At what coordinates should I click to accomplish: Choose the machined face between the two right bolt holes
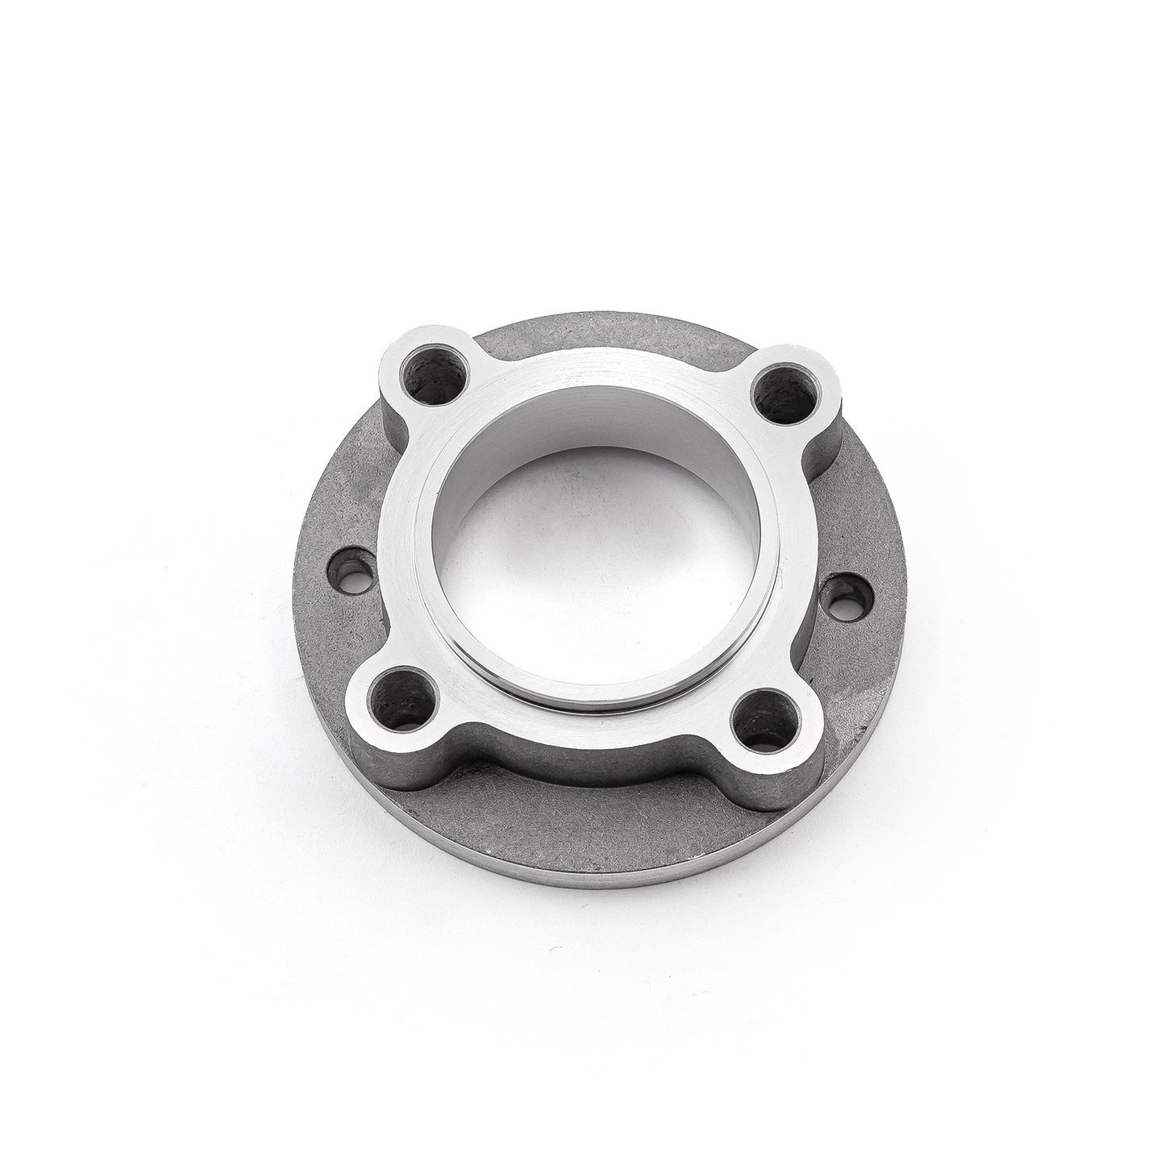(798, 556)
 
